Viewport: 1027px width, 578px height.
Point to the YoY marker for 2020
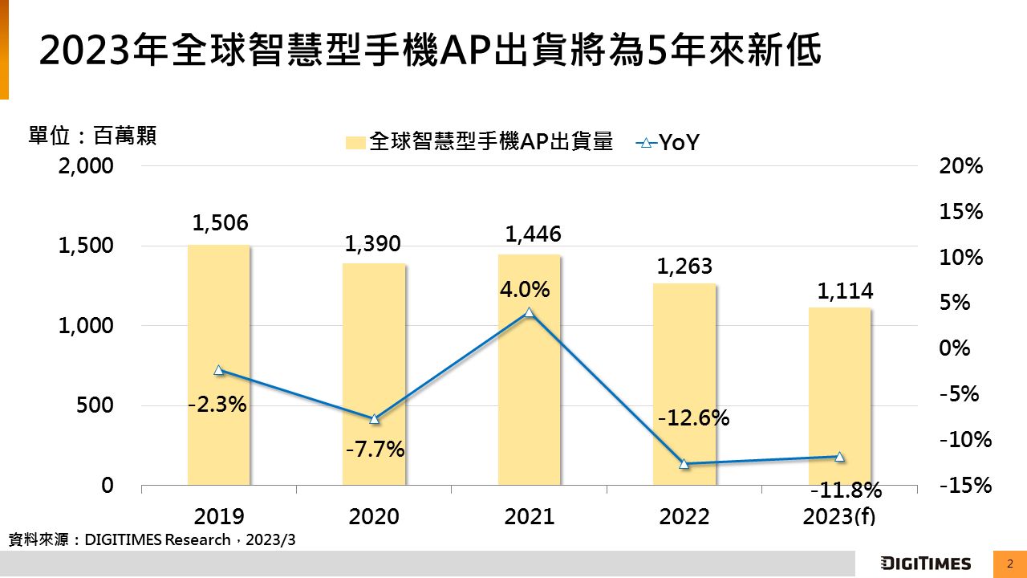tap(374, 419)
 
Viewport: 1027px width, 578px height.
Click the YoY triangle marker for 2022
tap(684, 463)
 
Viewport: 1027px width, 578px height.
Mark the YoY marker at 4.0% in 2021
tap(529, 312)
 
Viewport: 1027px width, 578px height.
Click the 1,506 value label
tap(219, 223)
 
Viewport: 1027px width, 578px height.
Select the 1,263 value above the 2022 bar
tap(684, 266)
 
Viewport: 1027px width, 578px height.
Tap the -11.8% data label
tap(846, 490)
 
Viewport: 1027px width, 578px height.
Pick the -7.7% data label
tap(375, 449)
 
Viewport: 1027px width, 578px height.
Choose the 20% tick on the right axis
tap(960, 166)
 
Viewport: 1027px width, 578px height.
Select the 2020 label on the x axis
tap(374, 516)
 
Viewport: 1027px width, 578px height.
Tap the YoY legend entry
tap(668, 143)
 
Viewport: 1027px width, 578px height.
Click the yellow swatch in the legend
tap(355, 143)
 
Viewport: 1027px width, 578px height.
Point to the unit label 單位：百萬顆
tap(92, 136)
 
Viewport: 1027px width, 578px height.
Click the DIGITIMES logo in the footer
tap(925, 564)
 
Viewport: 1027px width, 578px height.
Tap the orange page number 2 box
tap(1010, 564)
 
